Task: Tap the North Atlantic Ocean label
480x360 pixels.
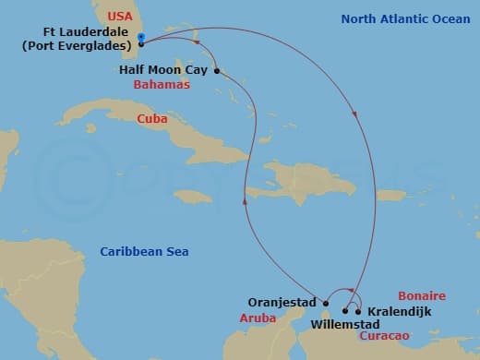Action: tap(400, 18)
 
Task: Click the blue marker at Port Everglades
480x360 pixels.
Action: tap(140, 38)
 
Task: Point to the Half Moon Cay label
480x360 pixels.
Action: tap(162, 69)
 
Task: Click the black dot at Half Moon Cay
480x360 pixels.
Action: tap(216, 70)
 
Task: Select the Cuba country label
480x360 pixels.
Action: tap(152, 118)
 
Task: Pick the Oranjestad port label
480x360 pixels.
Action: tap(282, 302)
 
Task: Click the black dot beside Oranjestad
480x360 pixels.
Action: tap(326, 302)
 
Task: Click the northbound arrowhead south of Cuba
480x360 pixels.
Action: tap(245, 198)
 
